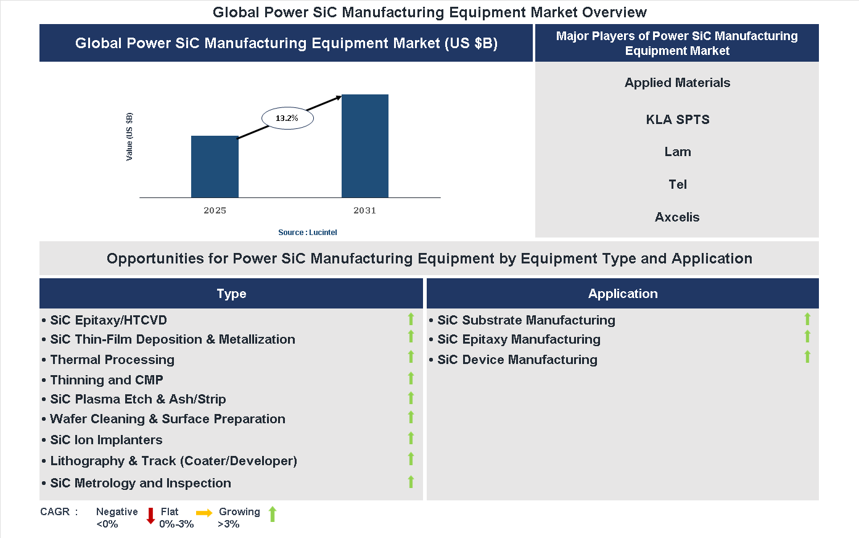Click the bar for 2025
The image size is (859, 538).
click(215, 167)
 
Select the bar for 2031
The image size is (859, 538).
click(365, 146)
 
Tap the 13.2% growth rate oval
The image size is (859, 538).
click(287, 118)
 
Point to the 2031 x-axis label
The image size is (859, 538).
click(364, 210)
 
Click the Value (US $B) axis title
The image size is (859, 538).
click(129, 137)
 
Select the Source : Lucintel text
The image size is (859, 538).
click(307, 233)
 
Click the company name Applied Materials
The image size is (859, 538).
click(677, 83)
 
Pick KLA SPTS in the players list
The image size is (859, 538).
click(677, 120)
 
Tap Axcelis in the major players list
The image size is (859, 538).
click(677, 217)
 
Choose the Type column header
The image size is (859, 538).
click(231, 294)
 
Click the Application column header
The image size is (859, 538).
click(622, 294)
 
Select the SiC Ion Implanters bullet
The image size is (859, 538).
click(106, 440)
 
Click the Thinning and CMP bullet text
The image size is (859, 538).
click(107, 380)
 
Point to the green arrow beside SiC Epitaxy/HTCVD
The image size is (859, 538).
click(411, 319)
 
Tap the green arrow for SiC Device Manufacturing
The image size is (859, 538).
click(807, 357)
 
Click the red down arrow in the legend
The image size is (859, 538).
click(150, 516)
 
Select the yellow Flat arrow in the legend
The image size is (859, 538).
click(204, 513)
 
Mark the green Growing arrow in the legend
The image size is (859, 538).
click(273, 514)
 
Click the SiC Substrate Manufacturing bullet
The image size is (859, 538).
click(526, 320)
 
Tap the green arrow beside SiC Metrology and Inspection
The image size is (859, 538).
click(411, 482)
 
